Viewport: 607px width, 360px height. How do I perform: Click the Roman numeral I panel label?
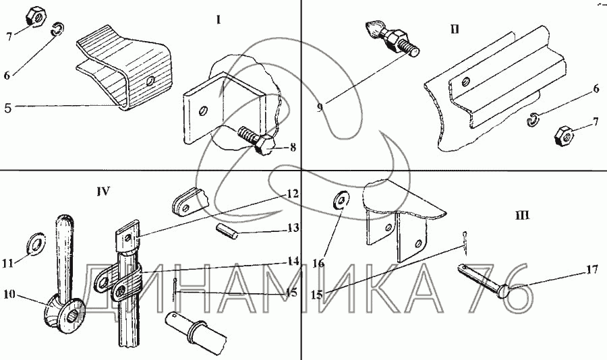219,20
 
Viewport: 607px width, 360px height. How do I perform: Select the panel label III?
521,216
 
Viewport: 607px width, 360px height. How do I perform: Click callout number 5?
7,107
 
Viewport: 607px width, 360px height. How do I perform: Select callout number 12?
291,193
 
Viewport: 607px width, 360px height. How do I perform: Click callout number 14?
292,260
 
